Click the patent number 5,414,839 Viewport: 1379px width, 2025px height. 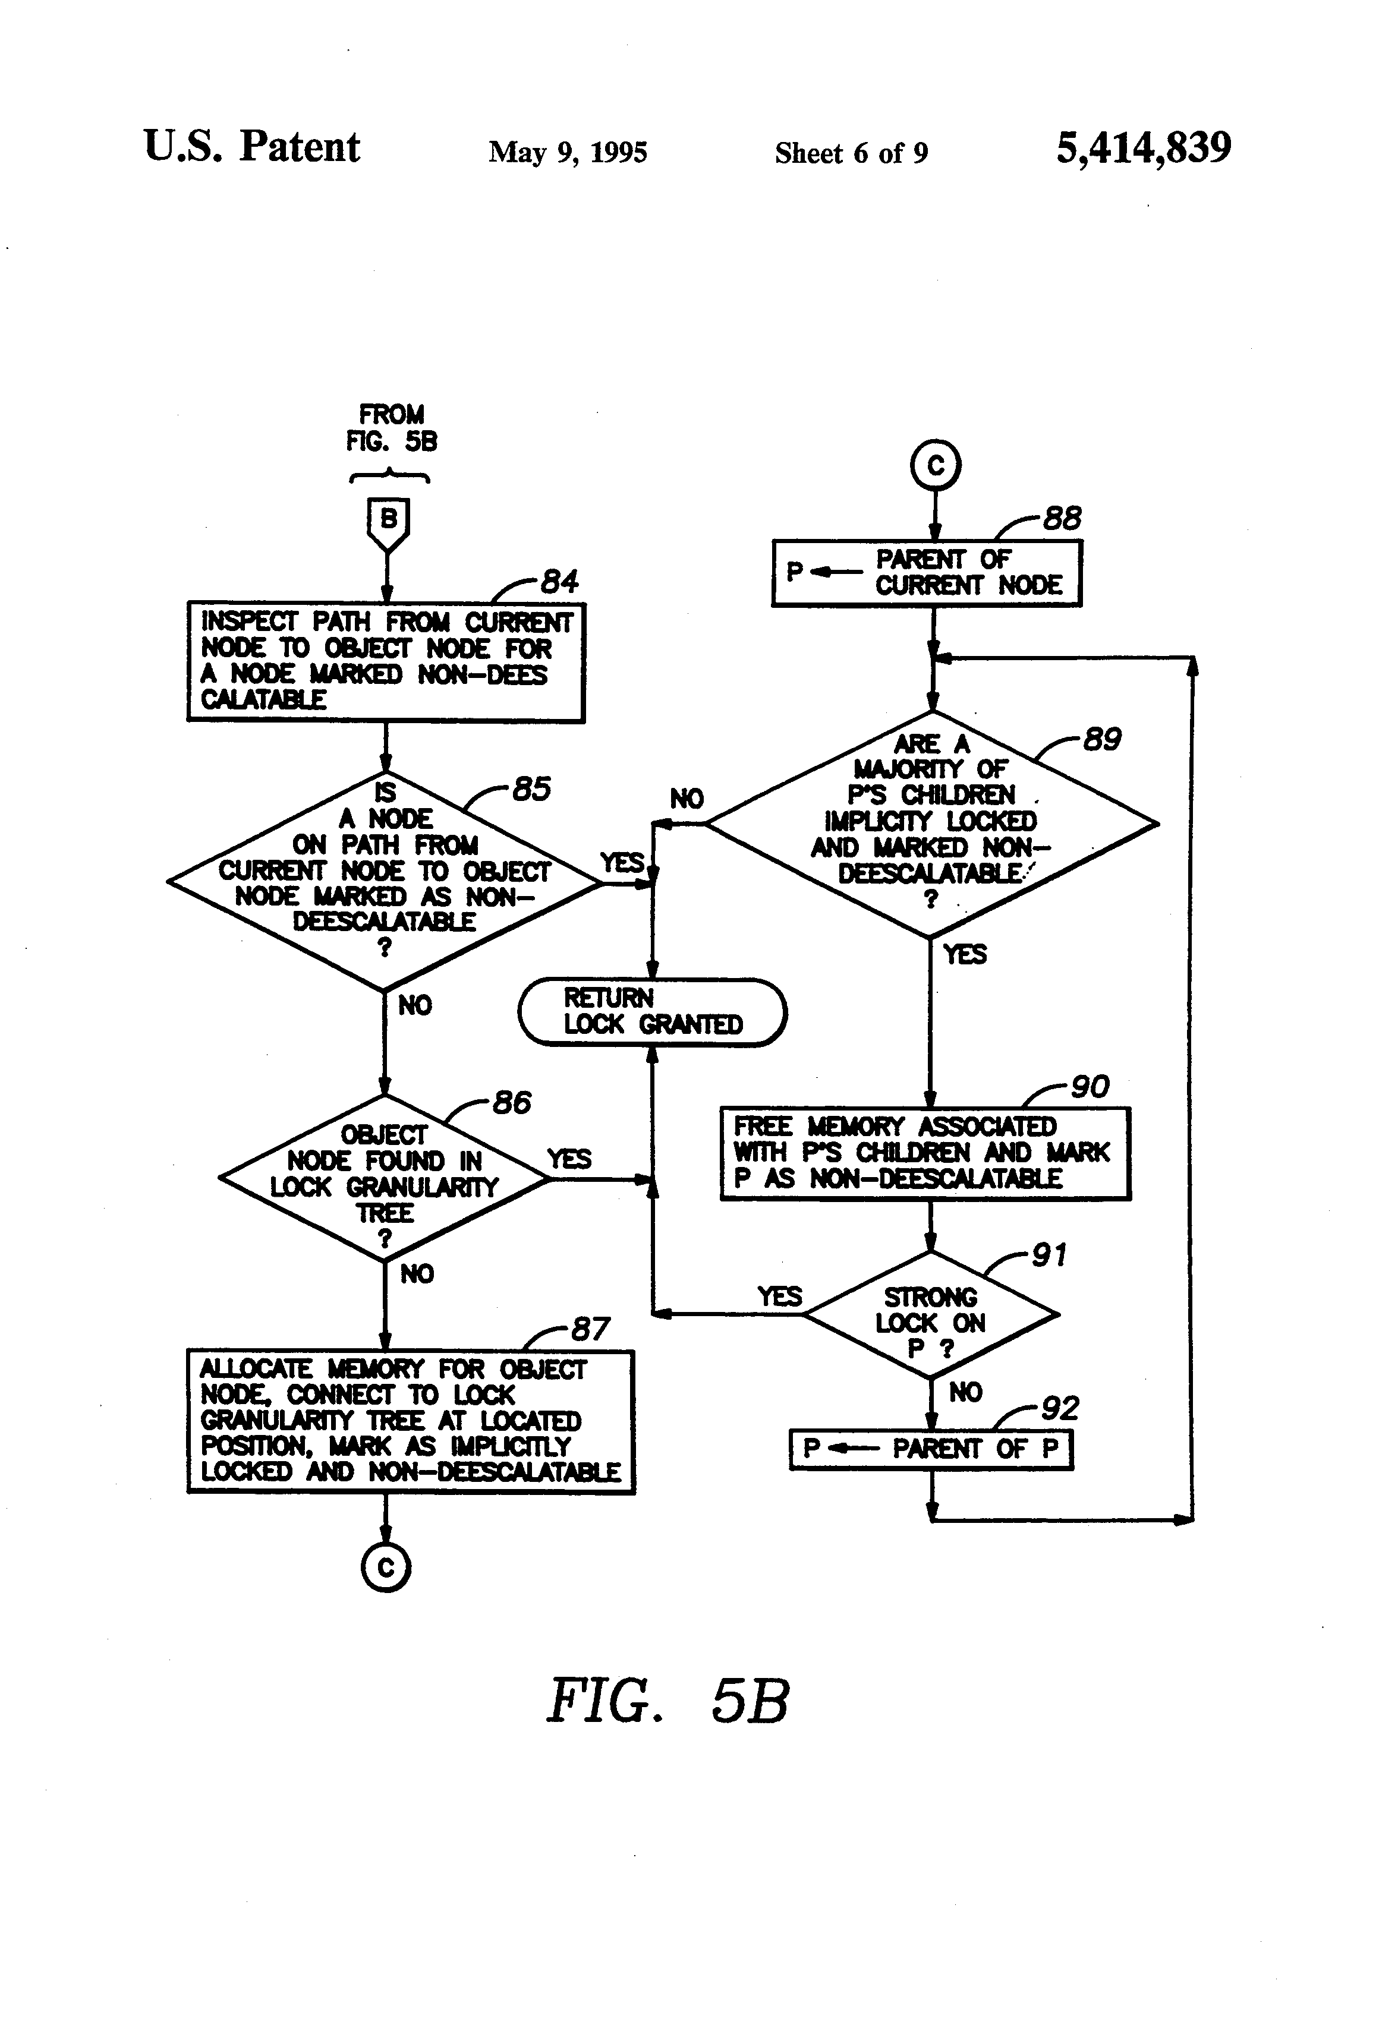click(x=1143, y=148)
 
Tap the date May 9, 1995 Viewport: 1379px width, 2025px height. click(x=568, y=153)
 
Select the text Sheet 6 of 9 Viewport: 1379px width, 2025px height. click(x=851, y=153)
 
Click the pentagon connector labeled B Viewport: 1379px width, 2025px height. click(x=388, y=523)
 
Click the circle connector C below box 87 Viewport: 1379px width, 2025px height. click(x=385, y=1567)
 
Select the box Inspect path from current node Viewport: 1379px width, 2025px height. click(x=385, y=661)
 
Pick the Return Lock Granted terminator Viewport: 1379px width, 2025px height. click(x=652, y=1012)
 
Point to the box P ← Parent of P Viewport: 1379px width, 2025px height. click(x=930, y=1449)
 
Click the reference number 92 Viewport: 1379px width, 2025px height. click(x=1060, y=1408)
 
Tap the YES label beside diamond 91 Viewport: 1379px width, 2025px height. click(x=779, y=1297)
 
